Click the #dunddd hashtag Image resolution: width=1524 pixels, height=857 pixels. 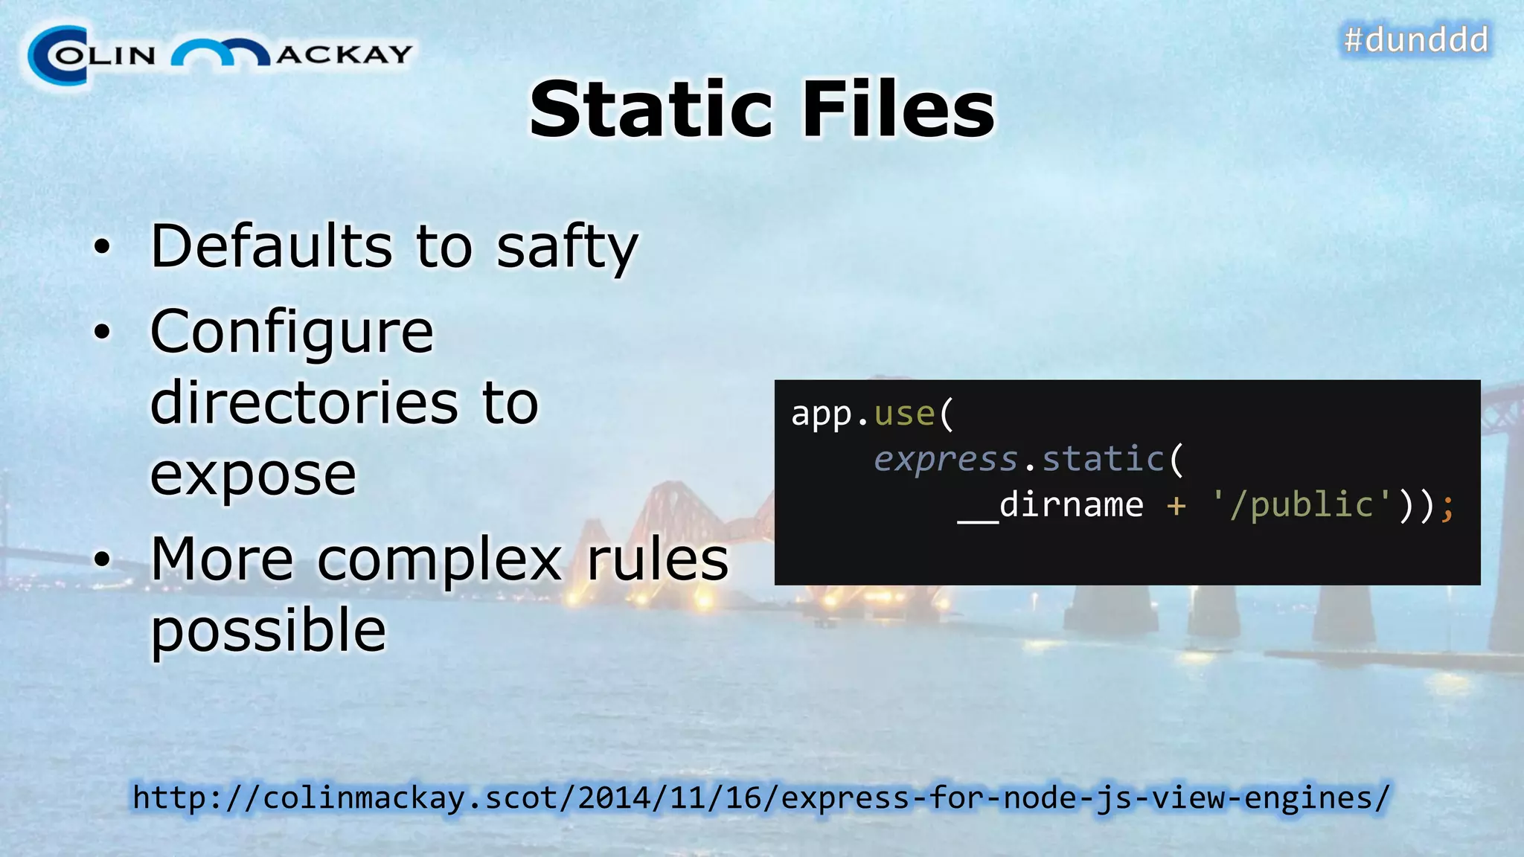1415,39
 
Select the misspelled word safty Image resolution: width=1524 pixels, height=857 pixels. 567,248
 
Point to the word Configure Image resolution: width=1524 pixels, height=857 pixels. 292,333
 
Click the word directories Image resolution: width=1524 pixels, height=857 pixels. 304,402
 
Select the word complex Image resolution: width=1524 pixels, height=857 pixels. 440,560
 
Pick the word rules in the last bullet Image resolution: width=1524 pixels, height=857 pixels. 658,560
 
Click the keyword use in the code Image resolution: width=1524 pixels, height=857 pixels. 904,414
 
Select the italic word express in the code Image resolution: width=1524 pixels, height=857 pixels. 945,460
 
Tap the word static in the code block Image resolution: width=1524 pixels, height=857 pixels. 1103,459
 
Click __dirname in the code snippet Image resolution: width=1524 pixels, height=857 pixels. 1050,505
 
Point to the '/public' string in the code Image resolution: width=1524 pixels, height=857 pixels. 1302,505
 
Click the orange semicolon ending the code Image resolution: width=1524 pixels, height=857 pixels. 1447,507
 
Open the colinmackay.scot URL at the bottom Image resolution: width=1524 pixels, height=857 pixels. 761,798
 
